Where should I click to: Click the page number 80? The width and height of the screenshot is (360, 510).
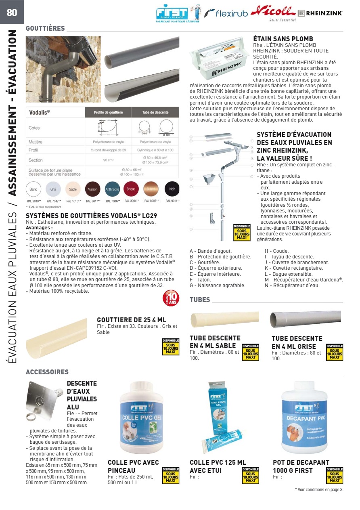point(12,13)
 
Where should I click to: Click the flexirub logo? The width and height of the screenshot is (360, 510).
point(226,14)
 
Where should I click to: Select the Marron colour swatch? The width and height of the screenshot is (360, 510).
point(92,189)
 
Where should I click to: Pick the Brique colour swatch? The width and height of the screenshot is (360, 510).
point(131,189)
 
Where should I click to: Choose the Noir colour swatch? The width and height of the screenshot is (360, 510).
point(172,189)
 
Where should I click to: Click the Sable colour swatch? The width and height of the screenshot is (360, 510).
point(73,189)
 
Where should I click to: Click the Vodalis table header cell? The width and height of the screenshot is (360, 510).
point(55,112)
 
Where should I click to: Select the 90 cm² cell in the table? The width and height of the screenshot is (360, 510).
point(108,160)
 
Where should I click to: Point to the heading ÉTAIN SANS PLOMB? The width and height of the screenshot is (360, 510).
point(283,39)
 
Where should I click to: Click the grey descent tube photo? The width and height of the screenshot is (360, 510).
point(306,319)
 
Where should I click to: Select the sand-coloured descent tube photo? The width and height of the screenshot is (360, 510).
point(224,319)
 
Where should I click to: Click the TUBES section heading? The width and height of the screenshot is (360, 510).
point(200,300)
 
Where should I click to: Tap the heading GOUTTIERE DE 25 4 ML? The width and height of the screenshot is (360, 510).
point(129,320)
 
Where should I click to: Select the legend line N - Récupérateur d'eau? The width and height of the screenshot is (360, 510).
point(292,285)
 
